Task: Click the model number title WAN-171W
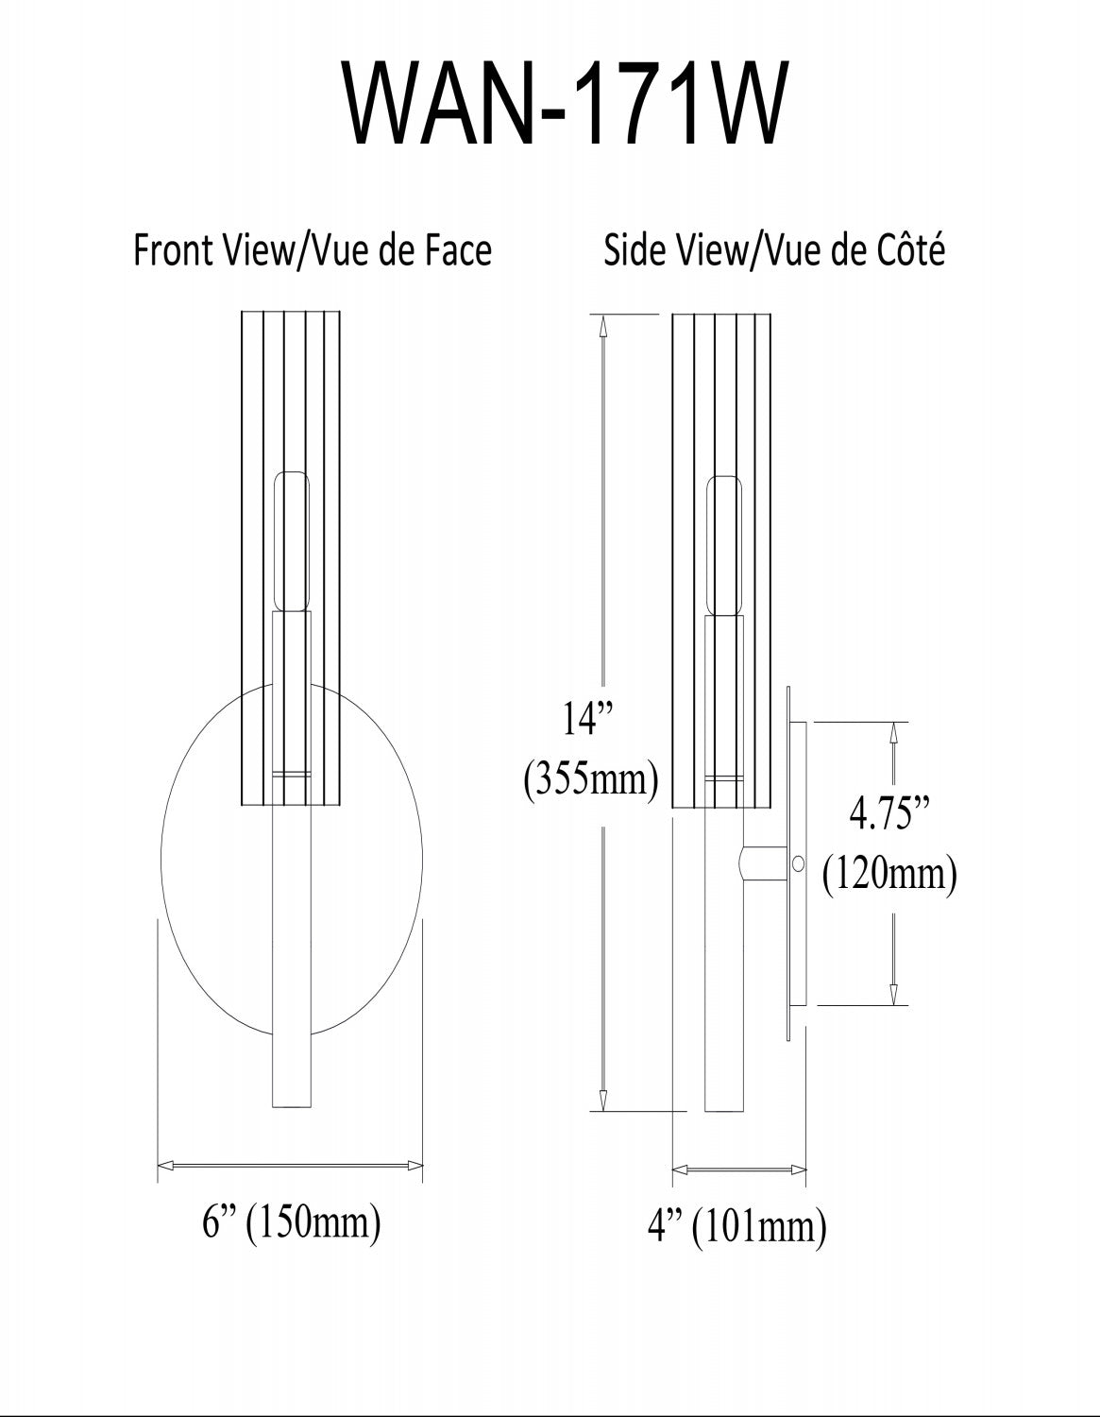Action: pyautogui.click(x=566, y=103)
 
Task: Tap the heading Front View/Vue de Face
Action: pyautogui.click(x=313, y=249)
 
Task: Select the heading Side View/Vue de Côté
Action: pyautogui.click(x=773, y=249)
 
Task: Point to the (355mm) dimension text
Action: pyautogui.click(x=590, y=779)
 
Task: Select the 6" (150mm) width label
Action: pyautogui.click(x=292, y=1221)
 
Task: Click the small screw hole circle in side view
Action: pyautogui.click(x=798, y=864)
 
